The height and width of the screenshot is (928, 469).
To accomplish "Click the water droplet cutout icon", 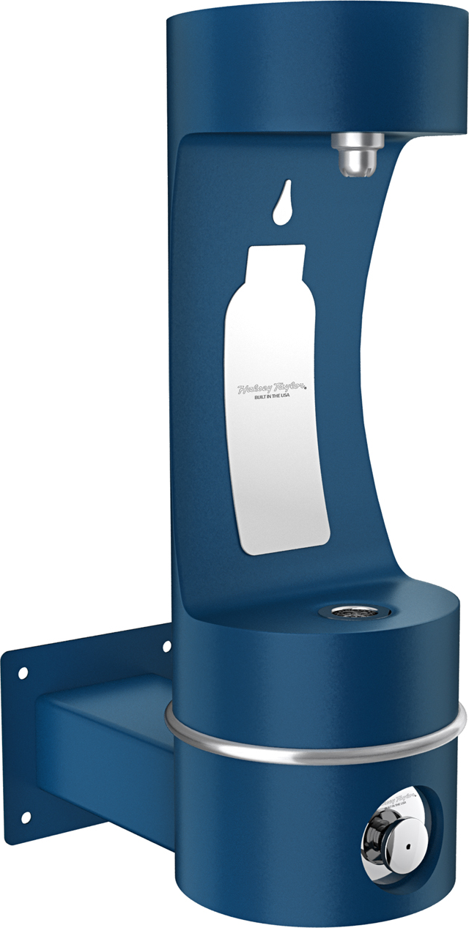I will (x=280, y=205).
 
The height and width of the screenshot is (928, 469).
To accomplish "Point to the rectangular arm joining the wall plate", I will (x=103, y=740).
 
